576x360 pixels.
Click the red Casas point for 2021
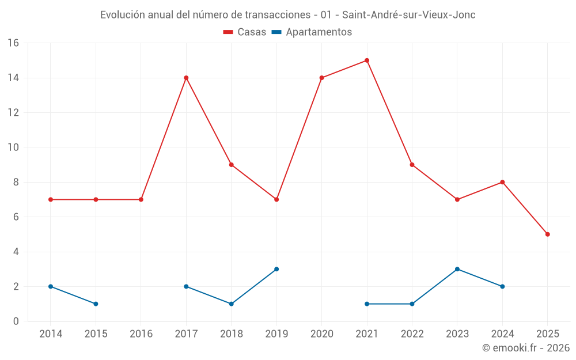tap(367, 60)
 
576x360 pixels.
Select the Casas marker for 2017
tap(186, 78)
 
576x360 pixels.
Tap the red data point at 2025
tap(547, 234)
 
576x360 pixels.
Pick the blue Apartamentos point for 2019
tap(276, 269)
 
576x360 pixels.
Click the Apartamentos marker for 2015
tap(96, 304)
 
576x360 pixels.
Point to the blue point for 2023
tap(457, 269)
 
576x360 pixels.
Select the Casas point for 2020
tap(321, 78)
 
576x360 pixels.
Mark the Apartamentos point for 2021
tap(367, 304)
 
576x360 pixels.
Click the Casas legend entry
tap(245, 32)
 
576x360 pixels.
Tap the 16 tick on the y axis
tap(13, 43)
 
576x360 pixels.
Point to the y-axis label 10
tap(13, 147)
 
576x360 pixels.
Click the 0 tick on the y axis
tap(16, 321)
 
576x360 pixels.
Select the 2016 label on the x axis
tap(141, 334)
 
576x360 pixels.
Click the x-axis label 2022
tap(412, 334)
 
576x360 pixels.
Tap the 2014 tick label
tap(51, 334)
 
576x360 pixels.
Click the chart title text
tap(288, 15)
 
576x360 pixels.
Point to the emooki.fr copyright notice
tap(525, 348)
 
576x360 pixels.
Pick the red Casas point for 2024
tap(502, 182)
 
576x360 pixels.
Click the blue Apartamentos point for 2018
tap(231, 304)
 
